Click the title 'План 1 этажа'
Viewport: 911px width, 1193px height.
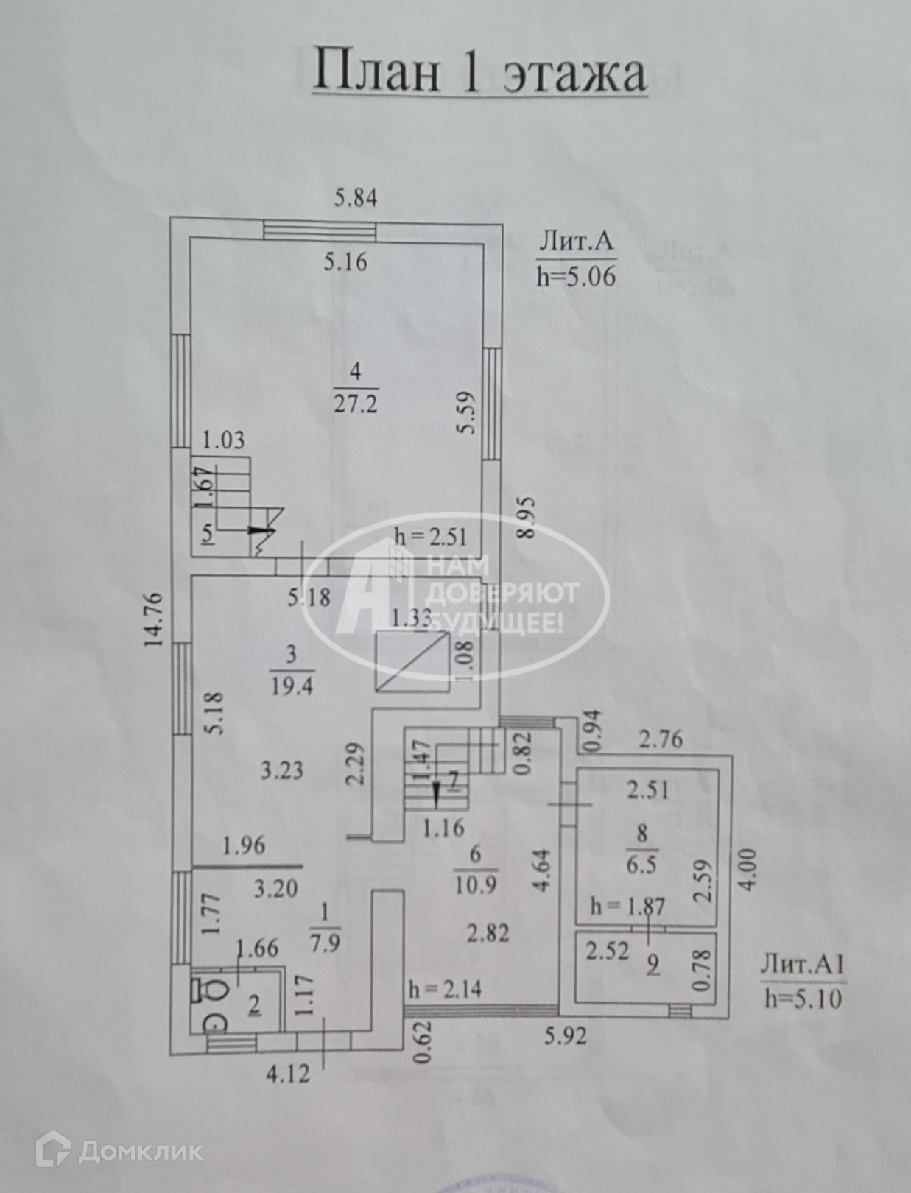479,72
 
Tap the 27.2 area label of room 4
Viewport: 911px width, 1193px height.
356,404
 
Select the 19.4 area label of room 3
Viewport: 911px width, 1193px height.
292,686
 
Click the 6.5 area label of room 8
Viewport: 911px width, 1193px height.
641,864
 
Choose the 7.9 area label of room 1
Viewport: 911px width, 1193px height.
325,943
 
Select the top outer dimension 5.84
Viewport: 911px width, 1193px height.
356,198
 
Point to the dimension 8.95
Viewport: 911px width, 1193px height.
526,518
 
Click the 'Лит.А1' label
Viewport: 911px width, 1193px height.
802,965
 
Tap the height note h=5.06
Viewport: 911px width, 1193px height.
576,277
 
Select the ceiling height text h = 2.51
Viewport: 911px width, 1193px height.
431,535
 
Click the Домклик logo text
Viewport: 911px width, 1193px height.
140,1151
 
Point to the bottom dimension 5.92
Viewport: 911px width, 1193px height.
566,1036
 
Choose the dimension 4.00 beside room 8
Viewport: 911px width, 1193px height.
748,870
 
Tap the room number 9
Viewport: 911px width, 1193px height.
653,965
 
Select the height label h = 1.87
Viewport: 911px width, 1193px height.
628,907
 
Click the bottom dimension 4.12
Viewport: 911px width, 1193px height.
288,1073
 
